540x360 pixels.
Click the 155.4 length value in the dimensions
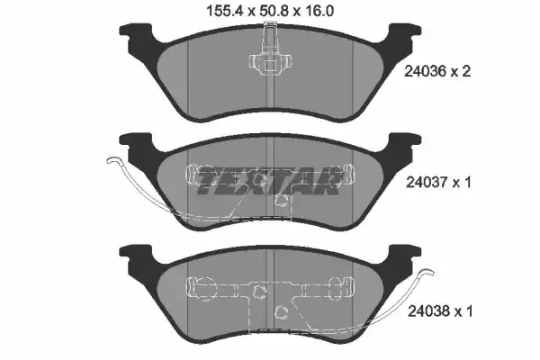pyautogui.click(x=224, y=11)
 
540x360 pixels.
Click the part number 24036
pyautogui.click(x=426, y=72)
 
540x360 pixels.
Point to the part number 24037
pyautogui.click(x=427, y=182)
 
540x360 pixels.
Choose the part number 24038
pyautogui.click(x=429, y=311)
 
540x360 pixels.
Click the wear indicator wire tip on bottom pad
pyautogui.click(x=429, y=272)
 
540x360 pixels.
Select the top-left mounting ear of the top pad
pyautogui.click(x=135, y=31)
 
